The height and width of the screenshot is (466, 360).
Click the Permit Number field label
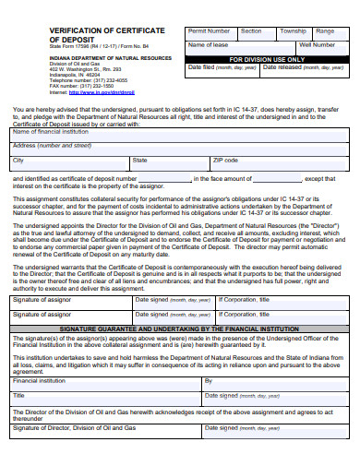[209, 30]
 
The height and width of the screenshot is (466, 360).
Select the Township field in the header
[293, 30]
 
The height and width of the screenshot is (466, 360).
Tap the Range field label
[326, 30]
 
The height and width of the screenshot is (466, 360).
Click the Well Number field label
[317, 43]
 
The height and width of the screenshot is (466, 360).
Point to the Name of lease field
[208, 44]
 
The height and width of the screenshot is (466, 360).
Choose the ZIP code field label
[225, 159]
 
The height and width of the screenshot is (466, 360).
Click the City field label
[18, 159]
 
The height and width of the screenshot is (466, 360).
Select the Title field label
[18, 395]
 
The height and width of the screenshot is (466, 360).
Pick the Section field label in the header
[251, 30]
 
